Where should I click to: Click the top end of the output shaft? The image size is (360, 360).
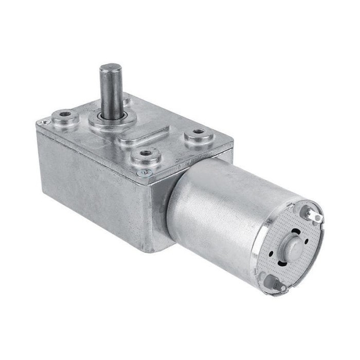pyautogui.click(x=110, y=68)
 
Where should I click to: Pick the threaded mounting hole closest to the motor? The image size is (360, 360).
pyautogui.click(x=199, y=136)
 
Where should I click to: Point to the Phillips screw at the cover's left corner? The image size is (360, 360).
pyautogui.click(x=45, y=122)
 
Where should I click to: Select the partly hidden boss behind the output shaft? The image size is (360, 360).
pyautogui.click(x=126, y=99)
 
